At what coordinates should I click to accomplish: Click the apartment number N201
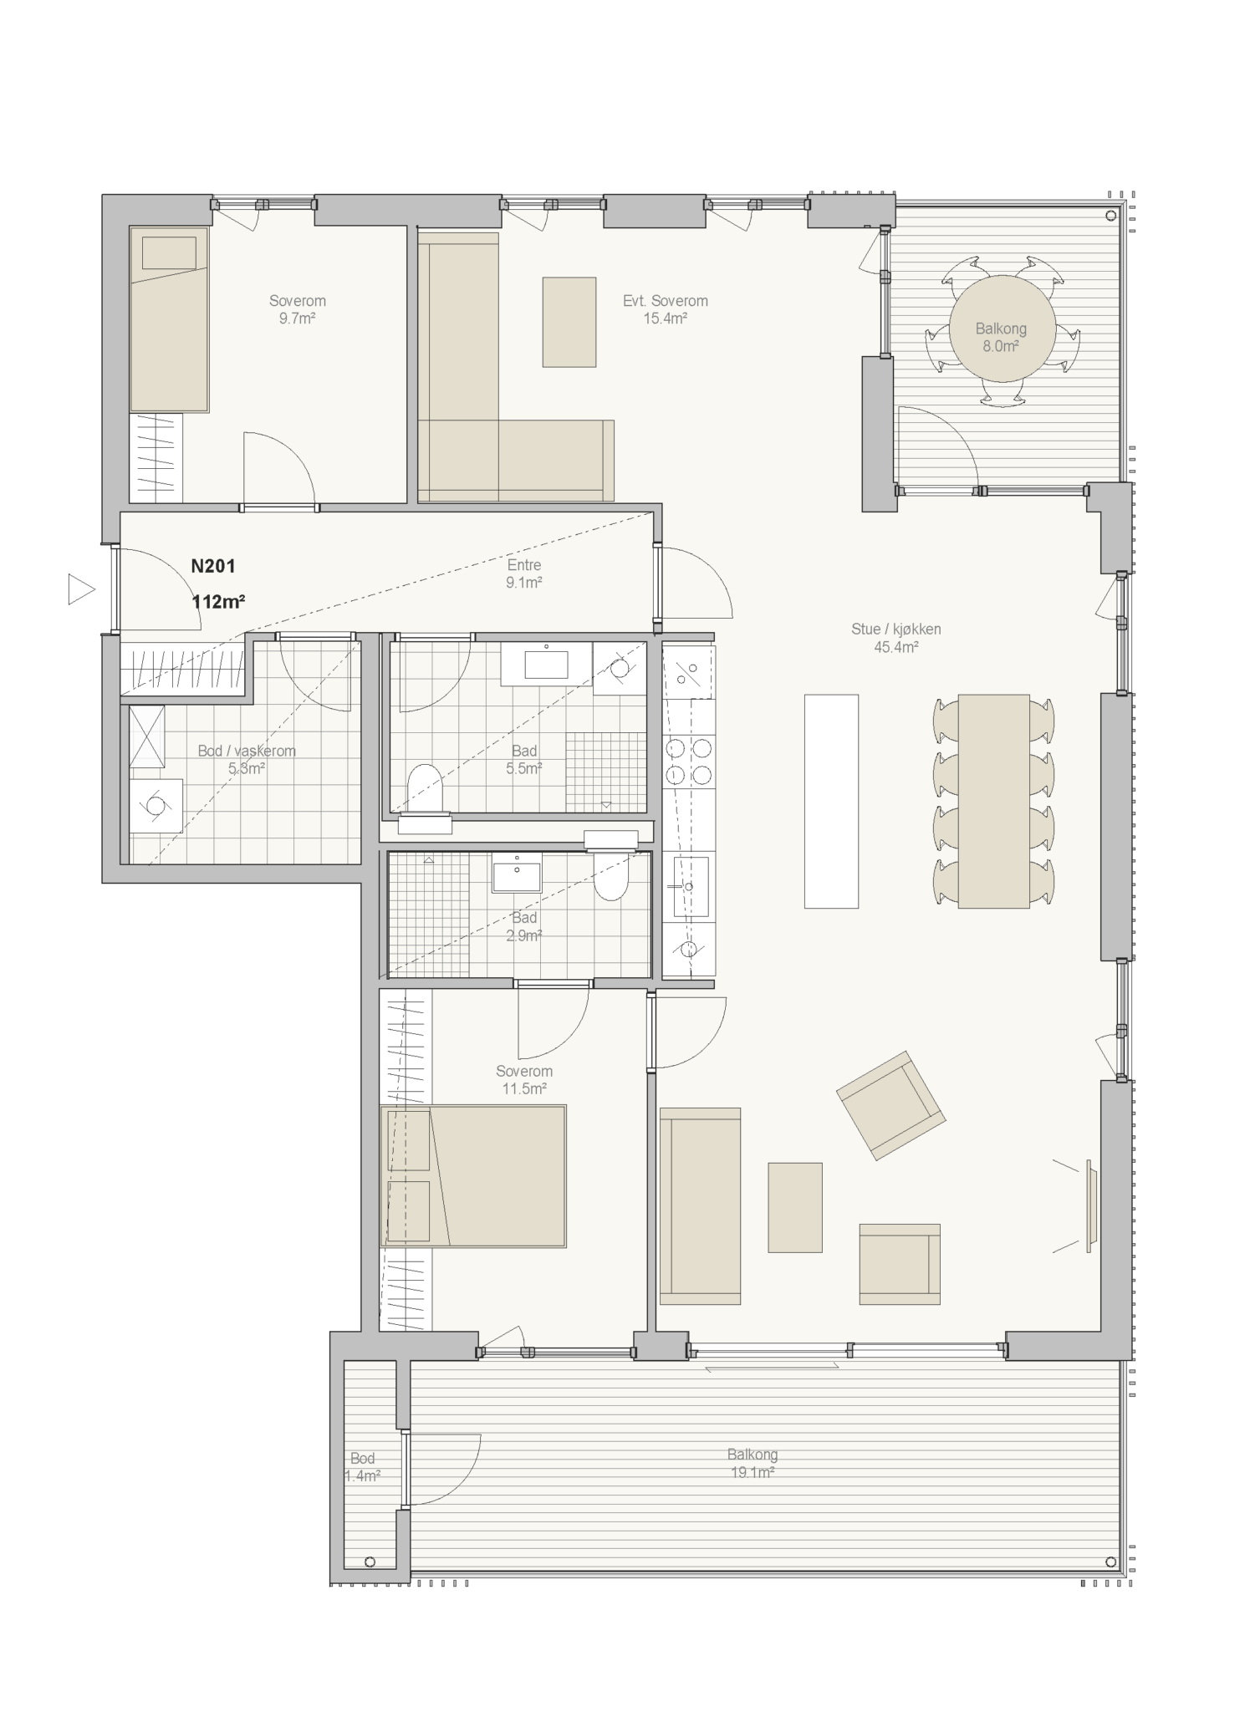pos(213,566)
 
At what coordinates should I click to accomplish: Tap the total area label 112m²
pos(218,601)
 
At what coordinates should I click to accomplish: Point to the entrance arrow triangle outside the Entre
pos(80,589)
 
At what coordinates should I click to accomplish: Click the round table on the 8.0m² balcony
pos(1001,329)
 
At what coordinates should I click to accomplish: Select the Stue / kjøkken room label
pos(896,629)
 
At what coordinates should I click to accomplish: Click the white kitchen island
pos(831,801)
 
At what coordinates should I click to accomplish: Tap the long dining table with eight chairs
pos(993,801)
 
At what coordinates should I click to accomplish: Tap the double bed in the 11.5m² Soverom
pos(473,1176)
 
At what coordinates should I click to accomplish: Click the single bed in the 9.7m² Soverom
pos(169,318)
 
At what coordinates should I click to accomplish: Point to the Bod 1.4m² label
pos(362,1467)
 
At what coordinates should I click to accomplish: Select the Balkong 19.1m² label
pos(753,1464)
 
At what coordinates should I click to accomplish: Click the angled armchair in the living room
pos(890,1105)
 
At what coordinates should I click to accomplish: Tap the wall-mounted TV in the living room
pos(1090,1205)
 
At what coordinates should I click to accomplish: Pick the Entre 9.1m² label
pos(524,574)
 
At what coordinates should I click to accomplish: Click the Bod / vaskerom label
pos(247,751)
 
